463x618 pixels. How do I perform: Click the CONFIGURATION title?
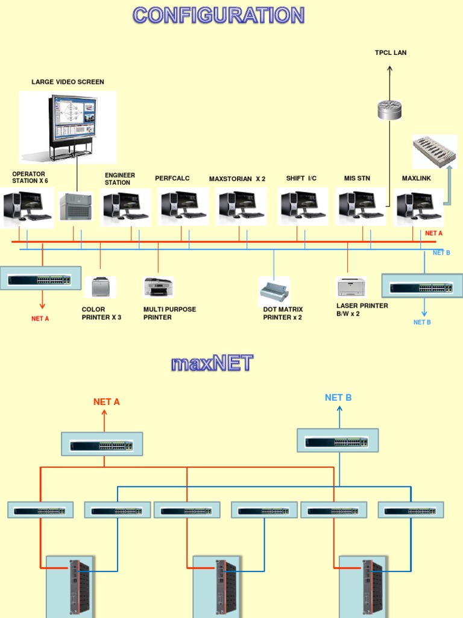(x=219, y=15)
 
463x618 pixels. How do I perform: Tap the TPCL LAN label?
(x=391, y=53)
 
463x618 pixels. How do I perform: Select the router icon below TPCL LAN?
(x=389, y=109)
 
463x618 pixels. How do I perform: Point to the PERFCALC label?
(x=172, y=178)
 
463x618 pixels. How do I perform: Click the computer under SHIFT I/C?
(x=303, y=206)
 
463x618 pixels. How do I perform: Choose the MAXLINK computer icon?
(x=418, y=206)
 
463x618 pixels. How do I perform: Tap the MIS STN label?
(x=357, y=178)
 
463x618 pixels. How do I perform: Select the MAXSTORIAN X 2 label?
(x=237, y=179)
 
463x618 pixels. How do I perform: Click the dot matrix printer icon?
(x=274, y=291)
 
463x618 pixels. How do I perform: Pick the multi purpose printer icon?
(x=159, y=287)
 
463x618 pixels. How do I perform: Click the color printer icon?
(x=100, y=287)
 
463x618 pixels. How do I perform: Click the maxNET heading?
(x=212, y=363)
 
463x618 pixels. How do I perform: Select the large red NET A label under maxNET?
(x=107, y=401)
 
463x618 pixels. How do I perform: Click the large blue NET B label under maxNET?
(x=338, y=397)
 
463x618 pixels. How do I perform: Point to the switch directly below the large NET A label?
(x=102, y=445)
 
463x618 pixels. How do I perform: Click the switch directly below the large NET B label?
(x=338, y=441)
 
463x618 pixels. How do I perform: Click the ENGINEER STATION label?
(x=120, y=179)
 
